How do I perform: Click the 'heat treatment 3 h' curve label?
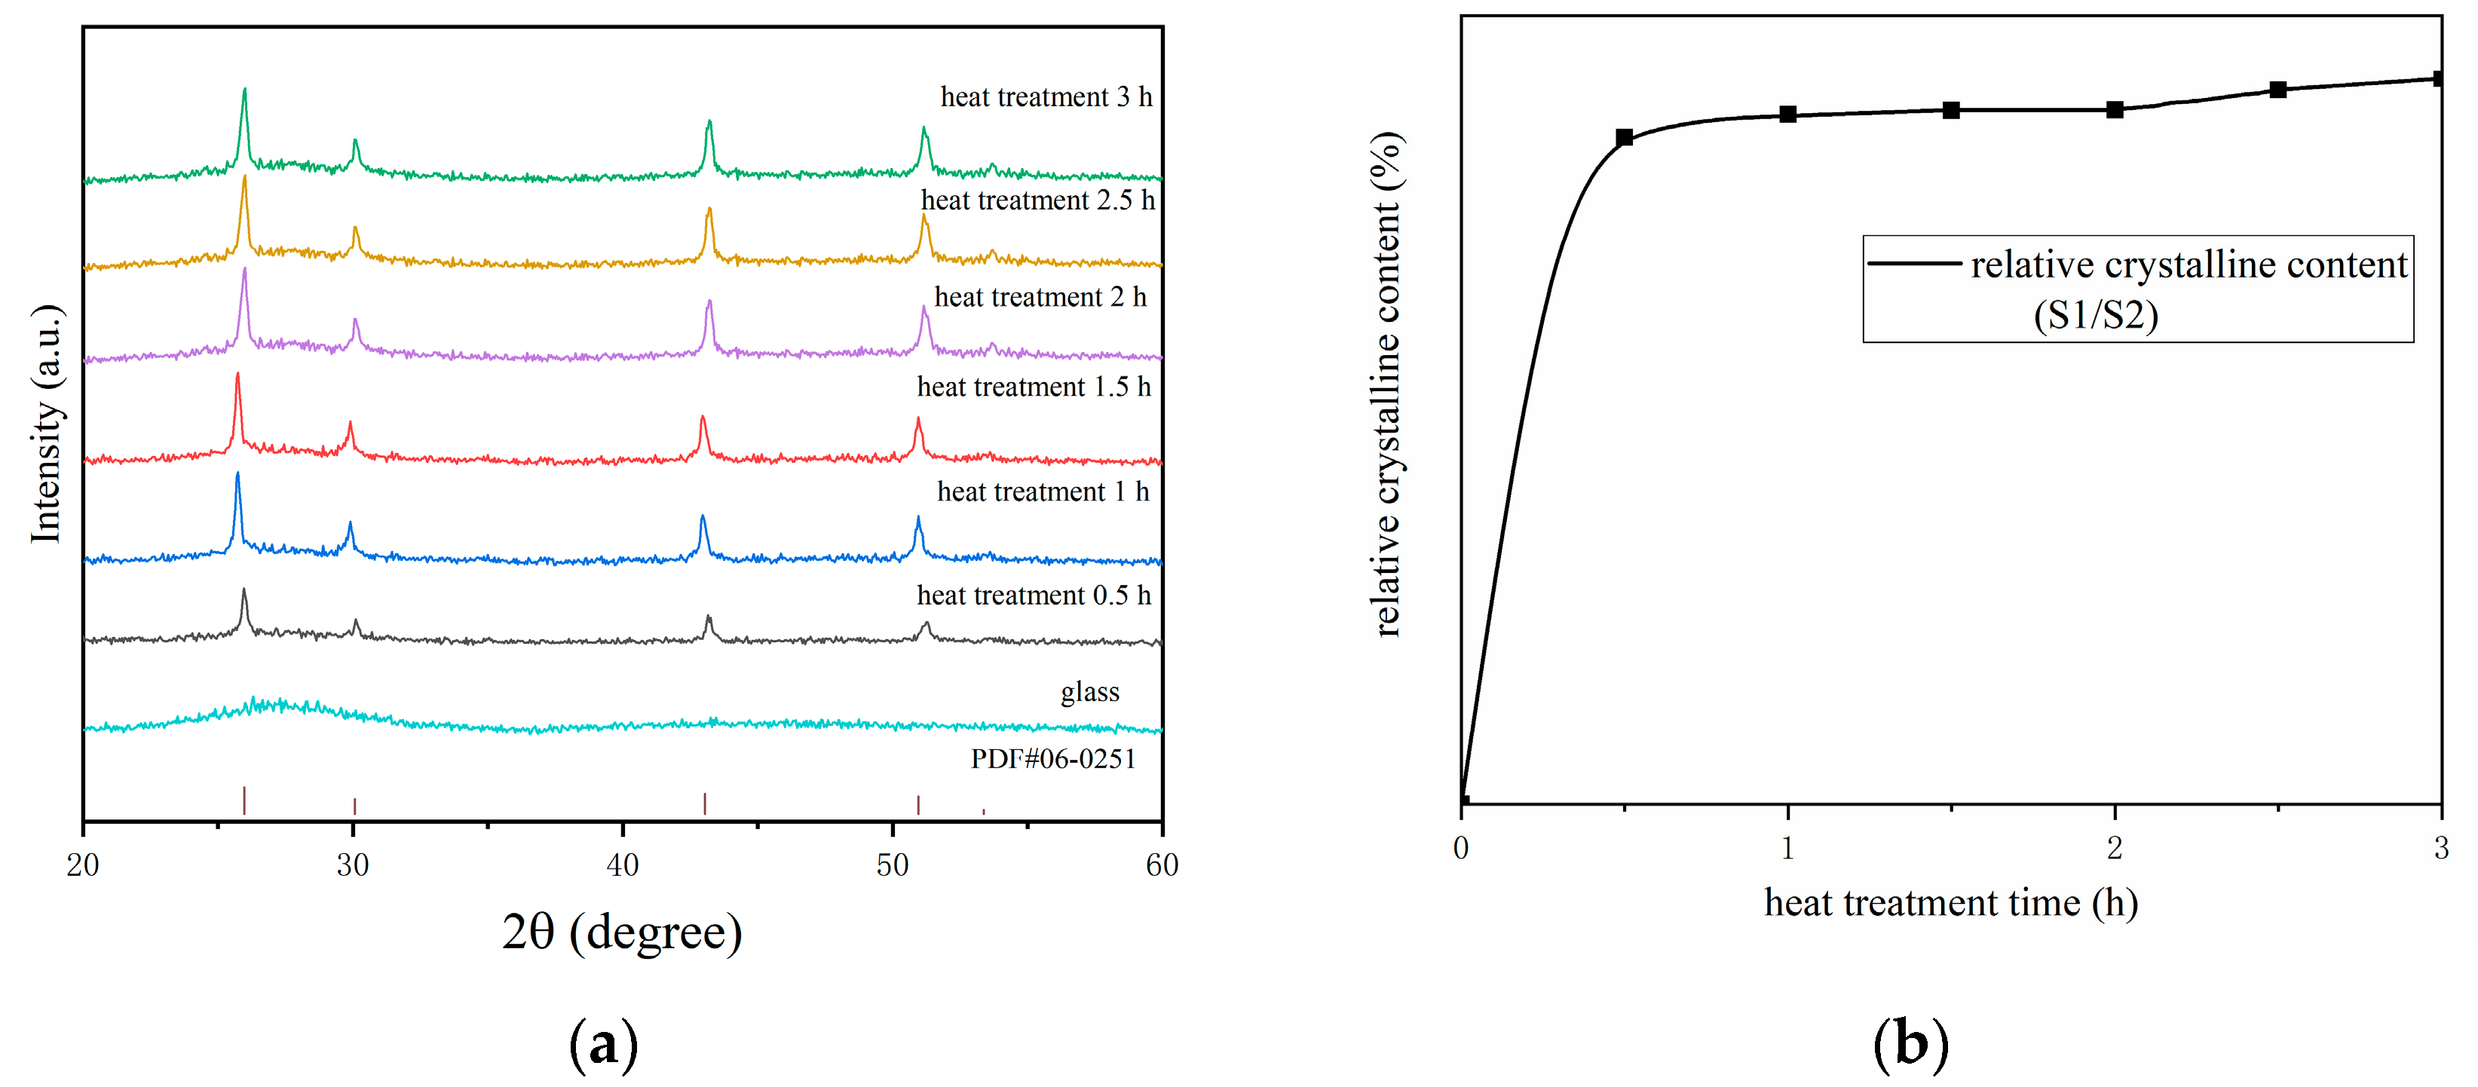pyautogui.click(x=1046, y=97)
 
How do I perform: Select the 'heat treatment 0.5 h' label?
pyautogui.click(x=1033, y=596)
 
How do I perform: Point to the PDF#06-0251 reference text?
pyautogui.click(x=1052, y=759)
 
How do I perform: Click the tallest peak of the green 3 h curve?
pyautogui.click(x=244, y=90)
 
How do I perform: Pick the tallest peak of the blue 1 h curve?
pyautogui.click(x=237, y=475)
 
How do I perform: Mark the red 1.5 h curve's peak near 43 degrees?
pyautogui.click(x=702, y=418)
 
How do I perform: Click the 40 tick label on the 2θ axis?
pyautogui.click(x=623, y=865)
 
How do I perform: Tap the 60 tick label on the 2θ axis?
pyautogui.click(x=1161, y=865)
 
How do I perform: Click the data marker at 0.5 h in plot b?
pyautogui.click(x=1624, y=137)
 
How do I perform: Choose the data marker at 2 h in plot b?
pyautogui.click(x=2115, y=109)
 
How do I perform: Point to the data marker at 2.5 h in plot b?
pyautogui.click(x=2277, y=90)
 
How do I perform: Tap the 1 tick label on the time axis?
pyautogui.click(x=1787, y=847)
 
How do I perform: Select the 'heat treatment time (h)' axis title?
pyautogui.click(x=1951, y=902)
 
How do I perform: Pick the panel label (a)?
pyautogui.click(x=603, y=1044)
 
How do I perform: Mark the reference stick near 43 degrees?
pyautogui.click(x=705, y=804)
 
